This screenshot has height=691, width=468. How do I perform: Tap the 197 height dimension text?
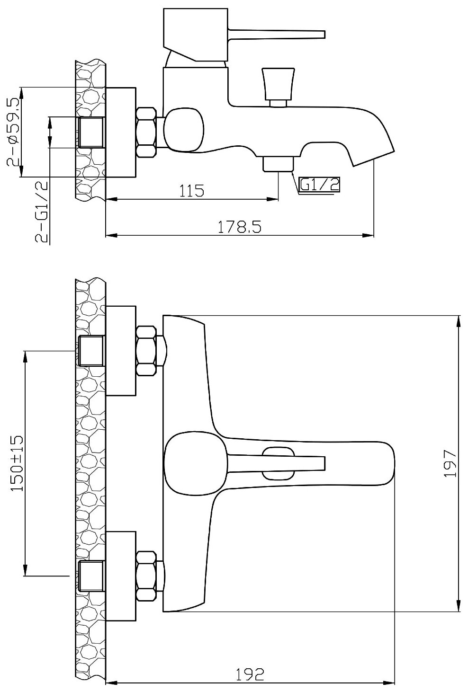pyautogui.click(x=450, y=463)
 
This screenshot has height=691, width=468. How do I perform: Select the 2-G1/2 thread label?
pyautogui.click(x=42, y=212)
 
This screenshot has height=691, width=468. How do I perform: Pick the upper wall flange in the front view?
pyautogui.click(x=121, y=350)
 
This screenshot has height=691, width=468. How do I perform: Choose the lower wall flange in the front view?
pyautogui.click(x=121, y=576)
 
